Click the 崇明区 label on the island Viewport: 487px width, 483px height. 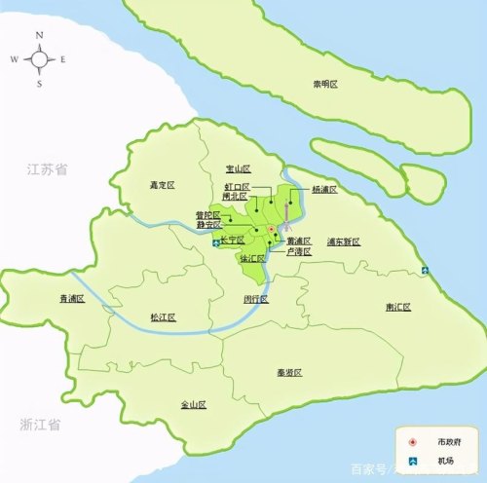(x=325, y=85)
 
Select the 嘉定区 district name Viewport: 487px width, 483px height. (x=161, y=182)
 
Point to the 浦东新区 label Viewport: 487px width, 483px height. (x=344, y=241)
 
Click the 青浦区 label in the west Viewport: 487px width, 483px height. (x=71, y=299)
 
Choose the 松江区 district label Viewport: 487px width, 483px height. (x=162, y=317)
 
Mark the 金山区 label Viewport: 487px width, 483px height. (x=194, y=404)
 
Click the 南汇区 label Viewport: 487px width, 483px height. (x=397, y=307)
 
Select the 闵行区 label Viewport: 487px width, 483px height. (x=256, y=299)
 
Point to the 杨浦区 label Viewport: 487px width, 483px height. (x=324, y=189)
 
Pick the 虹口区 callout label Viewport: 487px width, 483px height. (x=238, y=186)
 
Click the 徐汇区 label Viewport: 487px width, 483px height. (x=252, y=258)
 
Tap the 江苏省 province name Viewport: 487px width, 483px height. (x=48, y=169)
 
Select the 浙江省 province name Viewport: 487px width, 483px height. (x=41, y=426)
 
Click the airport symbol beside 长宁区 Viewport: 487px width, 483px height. (x=216, y=244)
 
